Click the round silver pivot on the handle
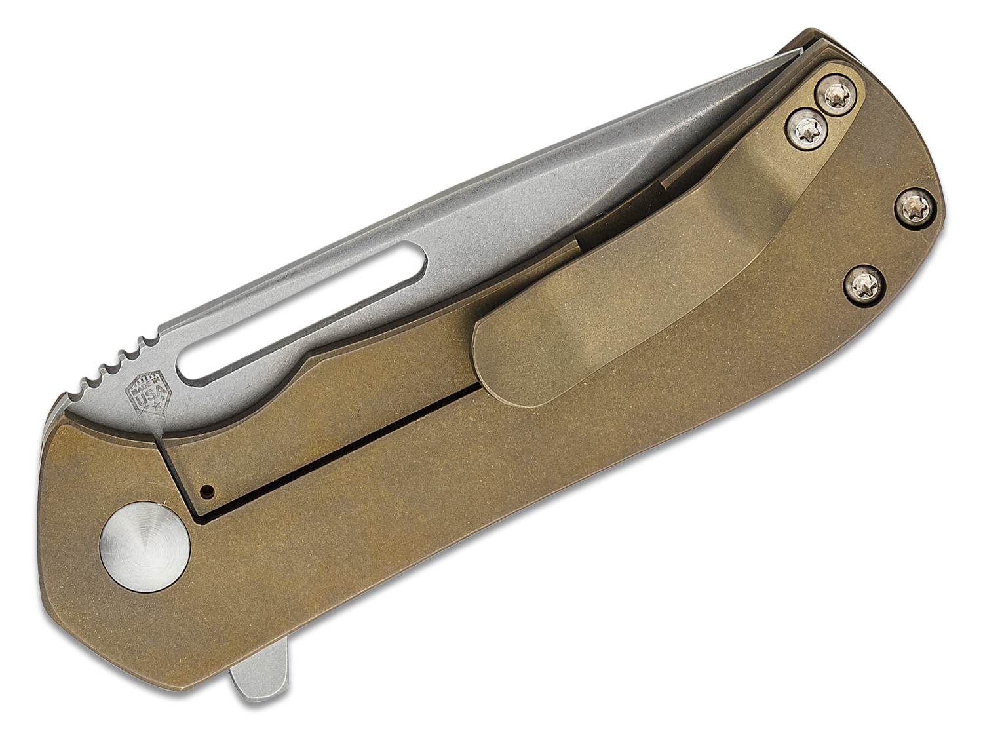(x=145, y=542)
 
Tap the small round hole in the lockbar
(x=208, y=489)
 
